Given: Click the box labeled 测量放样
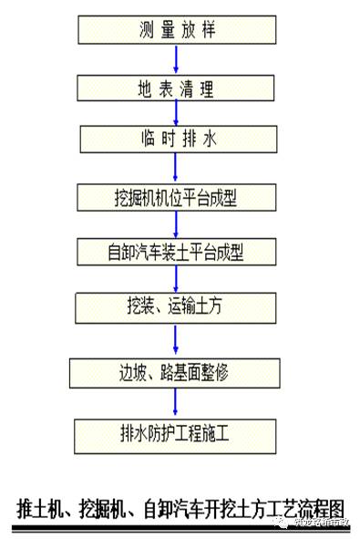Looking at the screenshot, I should click(175, 31).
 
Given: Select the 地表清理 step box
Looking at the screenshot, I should click(175, 88).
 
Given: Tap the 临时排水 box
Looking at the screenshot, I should click(175, 140).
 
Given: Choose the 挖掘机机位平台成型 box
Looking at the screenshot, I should click(175, 196).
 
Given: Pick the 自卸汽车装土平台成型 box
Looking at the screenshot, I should click(175, 251).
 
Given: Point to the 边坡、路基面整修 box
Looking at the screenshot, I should click(175, 372).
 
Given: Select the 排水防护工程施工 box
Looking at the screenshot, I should click(175, 431).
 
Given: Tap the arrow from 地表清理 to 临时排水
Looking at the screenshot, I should click(176, 114).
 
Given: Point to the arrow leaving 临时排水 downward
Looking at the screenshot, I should click(176, 169).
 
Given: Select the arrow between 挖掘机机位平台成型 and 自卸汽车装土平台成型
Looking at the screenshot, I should click(176, 223).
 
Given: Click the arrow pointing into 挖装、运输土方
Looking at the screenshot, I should click(176, 278).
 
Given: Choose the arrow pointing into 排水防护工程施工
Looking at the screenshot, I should click(176, 401).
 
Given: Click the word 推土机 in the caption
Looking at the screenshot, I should click(41, 509).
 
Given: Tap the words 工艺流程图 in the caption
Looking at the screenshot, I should click(305, 509).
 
